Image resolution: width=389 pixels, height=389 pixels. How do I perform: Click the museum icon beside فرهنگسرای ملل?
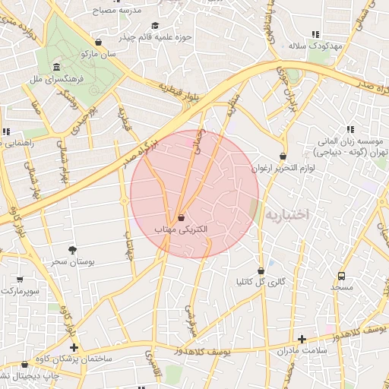(x=57, y=67)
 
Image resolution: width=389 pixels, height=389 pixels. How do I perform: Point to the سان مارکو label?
(x=100, y=55)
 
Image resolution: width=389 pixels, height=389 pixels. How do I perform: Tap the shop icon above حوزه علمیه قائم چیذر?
(x=98, y=42)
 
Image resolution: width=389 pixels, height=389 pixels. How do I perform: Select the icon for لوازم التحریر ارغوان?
(x=283, y=157)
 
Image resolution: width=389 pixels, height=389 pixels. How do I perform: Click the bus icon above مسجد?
(x=341, y=276)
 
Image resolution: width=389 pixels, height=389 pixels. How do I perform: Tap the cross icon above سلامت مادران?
(x=302, y=339)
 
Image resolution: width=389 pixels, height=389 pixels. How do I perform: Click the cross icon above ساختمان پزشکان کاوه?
(x=74, y=346)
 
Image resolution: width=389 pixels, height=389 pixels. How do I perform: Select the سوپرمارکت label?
(x=20, y=291)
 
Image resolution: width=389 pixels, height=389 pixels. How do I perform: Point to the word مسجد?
(x=341, y=288)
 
